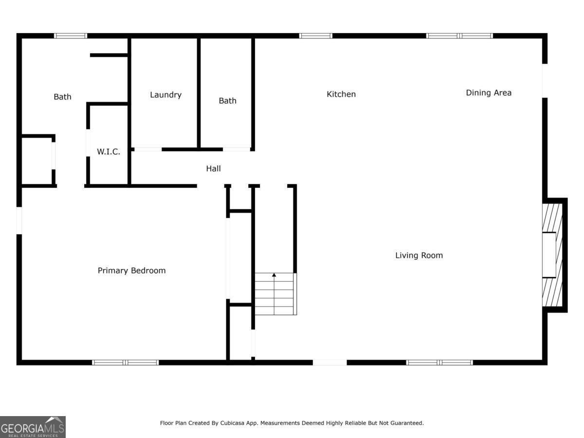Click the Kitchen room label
(341, 94)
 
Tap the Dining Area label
(488, 92)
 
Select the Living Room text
(419, 255)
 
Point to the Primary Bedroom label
(131, 270)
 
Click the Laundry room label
(165, 94)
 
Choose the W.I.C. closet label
(108, 152)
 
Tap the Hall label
(213, 168)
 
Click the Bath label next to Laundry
(227, 100)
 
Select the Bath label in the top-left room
(62, 96)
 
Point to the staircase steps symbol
(275, 294)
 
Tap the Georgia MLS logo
(33, 427)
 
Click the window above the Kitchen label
(315, 36)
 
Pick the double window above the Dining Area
(459, 36)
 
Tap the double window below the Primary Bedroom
(126, 362)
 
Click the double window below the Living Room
(439, 362)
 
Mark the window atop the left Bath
(71, 36)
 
